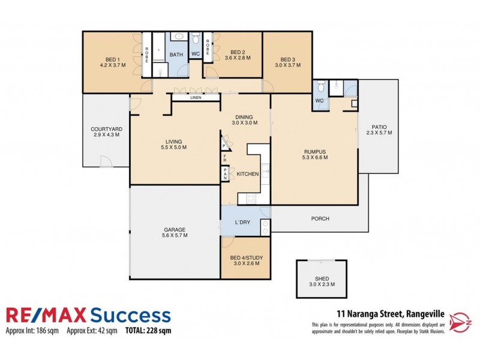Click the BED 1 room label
[x=112, y=59]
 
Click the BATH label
[x=176, y=55]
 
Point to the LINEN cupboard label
[x=196, y=97]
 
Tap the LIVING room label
[x=174, y=142]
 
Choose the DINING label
[x=245, y=117]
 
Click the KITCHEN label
[x=248, y=173]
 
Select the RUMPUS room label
[x=315, y=151]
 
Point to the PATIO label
[x=379, y=127]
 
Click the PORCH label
[x=320, y=218]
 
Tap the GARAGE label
[x=174, y=229]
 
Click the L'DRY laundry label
[x=242, y=223]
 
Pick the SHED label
[x=322, y=278]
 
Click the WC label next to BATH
[x=195, y=54]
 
